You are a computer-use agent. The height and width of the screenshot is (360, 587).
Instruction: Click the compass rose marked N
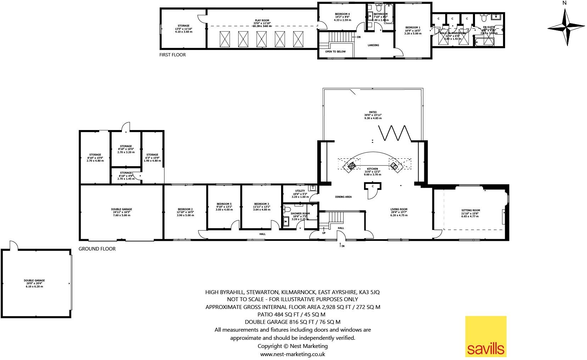[566, 27]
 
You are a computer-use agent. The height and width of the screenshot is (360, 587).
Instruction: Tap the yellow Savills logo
[486, 337]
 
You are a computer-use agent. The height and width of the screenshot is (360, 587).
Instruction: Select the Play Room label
[262, 21]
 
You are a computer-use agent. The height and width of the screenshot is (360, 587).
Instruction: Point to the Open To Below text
[335, 51]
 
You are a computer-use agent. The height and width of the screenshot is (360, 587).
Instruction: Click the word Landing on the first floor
[373, 45]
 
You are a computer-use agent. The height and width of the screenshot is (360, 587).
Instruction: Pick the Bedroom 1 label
[413, 27]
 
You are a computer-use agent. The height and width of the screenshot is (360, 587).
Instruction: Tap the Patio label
[373, 112]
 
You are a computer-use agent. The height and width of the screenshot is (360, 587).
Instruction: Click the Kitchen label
[372, 169]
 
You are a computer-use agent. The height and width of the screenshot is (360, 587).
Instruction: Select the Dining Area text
[343, 197]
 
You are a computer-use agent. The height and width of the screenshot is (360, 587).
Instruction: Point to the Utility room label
[300, 191]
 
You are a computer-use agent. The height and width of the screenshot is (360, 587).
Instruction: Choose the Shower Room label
[300, 213]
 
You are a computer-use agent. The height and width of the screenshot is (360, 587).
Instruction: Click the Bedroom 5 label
[224, 204]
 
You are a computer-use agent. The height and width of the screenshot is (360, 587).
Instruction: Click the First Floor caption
[173, 55]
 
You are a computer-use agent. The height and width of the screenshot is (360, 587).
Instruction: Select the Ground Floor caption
[97, 249]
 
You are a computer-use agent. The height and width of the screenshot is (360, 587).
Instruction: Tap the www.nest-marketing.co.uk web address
[292, 354]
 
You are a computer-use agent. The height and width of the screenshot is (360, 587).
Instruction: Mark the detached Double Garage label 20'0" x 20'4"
[34, 280]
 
